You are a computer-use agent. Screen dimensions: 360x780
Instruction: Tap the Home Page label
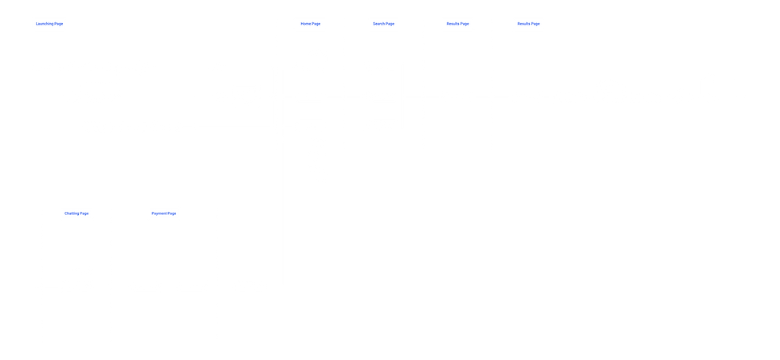(x=310, y=24)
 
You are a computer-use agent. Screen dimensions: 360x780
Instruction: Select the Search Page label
(x=383, y=24)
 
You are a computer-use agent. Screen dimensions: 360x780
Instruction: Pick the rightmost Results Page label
(x=528, y=24)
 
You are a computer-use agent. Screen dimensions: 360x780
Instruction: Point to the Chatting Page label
(x=76, y=213)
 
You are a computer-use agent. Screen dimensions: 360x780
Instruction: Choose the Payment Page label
(x=164, y=213)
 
